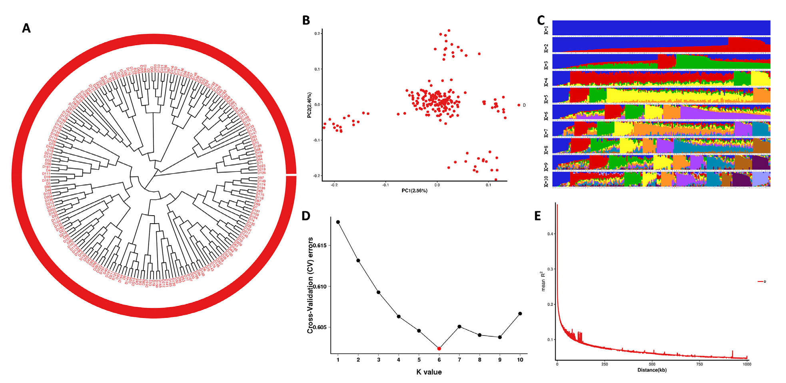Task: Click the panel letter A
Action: [26, 28]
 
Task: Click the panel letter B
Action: [306, 20]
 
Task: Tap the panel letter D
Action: [306, 216]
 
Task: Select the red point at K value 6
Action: [439, 349]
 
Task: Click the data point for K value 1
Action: [338, 222]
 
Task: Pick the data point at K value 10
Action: [520, 314]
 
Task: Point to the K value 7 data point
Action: [459, 327]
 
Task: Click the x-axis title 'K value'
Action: [429, 372]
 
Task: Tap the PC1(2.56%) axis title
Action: [415, 191]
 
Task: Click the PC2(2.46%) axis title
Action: [309, 105]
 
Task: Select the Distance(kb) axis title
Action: [652, 370]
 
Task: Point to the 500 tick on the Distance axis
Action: [652, 364]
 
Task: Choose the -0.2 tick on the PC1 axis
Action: [334, 185]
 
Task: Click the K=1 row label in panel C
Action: [546, 30]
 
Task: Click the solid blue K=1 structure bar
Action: [661, 28]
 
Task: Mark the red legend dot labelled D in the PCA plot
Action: [519, 105]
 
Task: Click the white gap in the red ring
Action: [291, 175]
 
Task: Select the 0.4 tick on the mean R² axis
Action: [550, 234]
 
